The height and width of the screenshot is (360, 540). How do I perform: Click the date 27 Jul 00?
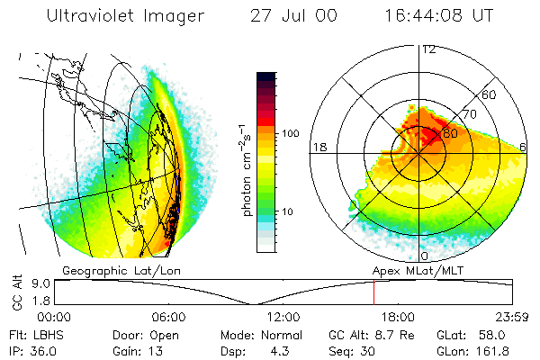click(288, 16)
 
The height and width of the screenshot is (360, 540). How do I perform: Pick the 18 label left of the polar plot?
click(318, 147)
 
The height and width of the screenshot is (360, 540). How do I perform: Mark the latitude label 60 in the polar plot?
click(490, 94)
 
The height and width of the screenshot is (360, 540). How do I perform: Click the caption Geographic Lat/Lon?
click(105, 269)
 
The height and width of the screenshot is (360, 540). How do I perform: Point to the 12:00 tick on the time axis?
click(283, 317)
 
